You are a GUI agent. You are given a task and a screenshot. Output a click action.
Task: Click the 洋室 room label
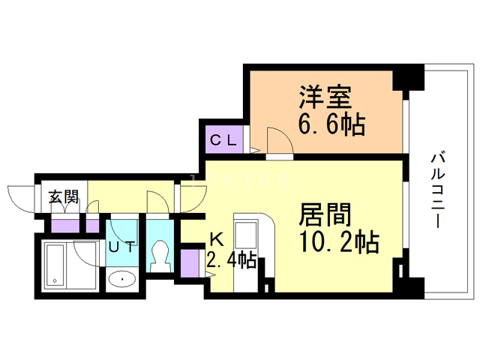coord(325,97)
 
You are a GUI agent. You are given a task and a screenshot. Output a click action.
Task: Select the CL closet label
coord(223,140)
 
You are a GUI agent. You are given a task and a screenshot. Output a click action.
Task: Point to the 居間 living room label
coord(325,214)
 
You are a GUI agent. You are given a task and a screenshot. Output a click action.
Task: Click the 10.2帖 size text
coord(340,241)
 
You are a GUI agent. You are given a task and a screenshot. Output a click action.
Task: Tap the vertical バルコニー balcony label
coord(438,190)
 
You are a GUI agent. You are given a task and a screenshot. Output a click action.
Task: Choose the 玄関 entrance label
coord(64,196)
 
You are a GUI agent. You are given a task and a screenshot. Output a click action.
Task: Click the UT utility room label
coord(121,247)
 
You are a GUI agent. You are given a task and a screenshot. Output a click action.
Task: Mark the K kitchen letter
coord(217,239)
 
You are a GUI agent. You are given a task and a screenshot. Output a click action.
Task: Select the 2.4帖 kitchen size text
coord(232,259)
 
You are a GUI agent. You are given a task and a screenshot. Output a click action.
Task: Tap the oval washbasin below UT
coord(122,279)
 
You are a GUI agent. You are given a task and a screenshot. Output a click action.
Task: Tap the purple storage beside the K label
coord(190,263)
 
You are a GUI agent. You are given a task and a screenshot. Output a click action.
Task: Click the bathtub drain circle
coord(55,280)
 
